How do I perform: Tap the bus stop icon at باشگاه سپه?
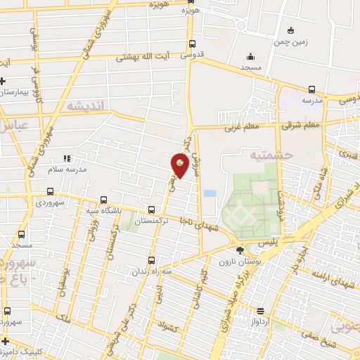[104, 199]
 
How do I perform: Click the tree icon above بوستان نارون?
[240, 250]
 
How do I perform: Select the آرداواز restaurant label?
[260, 321]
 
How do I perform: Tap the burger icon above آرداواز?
[260, 310]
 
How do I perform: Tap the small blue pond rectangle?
[210, 192]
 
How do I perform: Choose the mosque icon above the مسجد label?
[250, 58]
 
